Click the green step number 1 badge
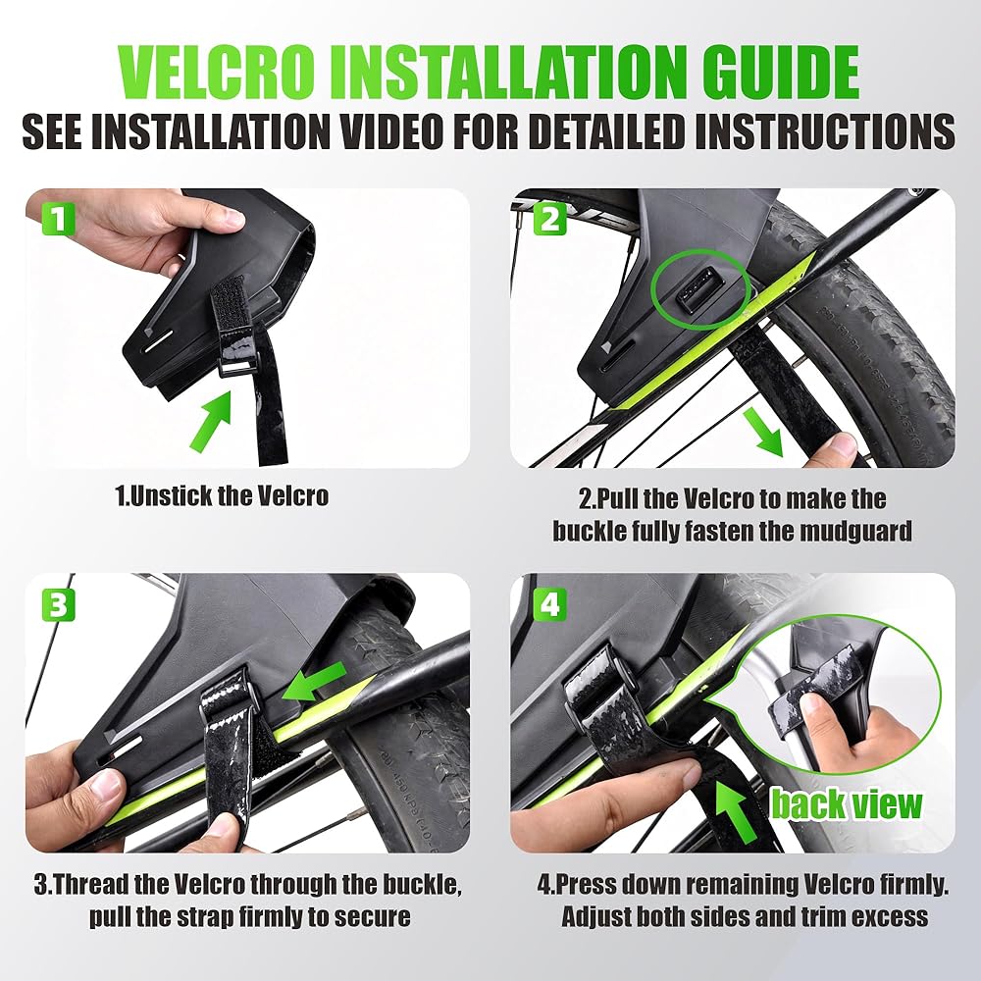tap(58, 219)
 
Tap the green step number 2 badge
tap(549, 220)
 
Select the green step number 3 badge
tap(58, 605)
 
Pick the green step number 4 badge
tap(549, 605)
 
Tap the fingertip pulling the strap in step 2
tap(844, 446)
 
